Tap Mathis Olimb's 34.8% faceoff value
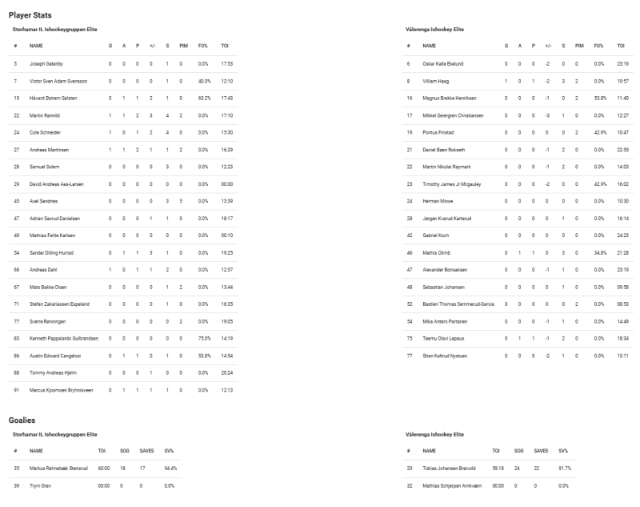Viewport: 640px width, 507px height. (x=597, y=253)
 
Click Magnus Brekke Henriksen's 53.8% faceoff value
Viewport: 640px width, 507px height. (x=597, y=98)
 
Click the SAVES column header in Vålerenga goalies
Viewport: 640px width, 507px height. (x=541, y=451)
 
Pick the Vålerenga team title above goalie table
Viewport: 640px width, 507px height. (x=435, y=433)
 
